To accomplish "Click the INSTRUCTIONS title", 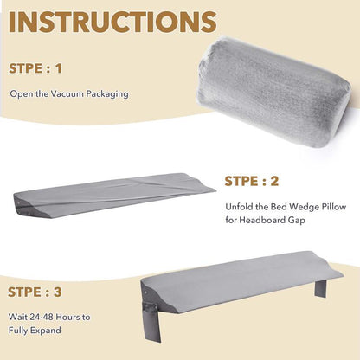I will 112,23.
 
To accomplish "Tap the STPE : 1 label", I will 37,67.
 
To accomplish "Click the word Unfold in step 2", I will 239,206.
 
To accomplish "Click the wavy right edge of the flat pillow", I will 206,183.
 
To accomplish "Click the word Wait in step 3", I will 19,317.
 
